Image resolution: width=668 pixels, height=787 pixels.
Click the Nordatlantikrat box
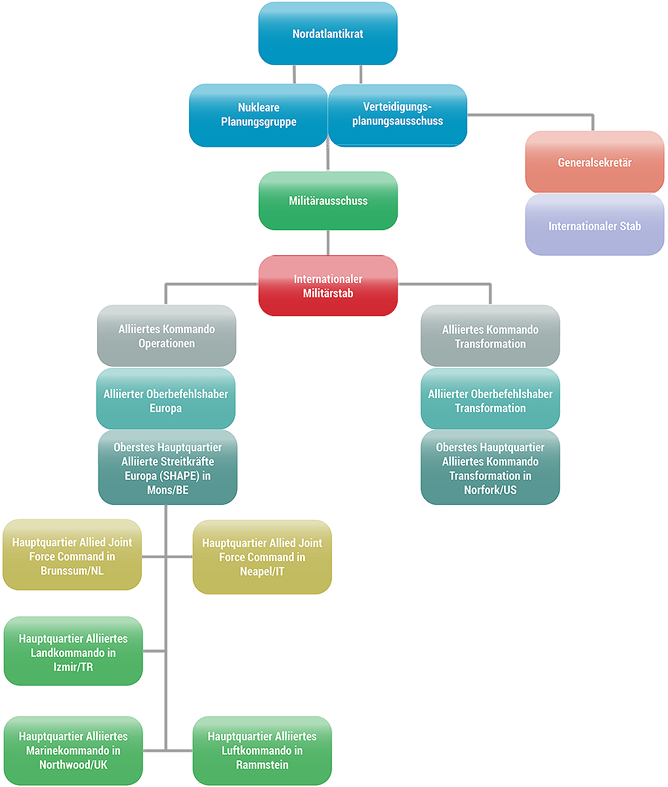click(x=327, y=33)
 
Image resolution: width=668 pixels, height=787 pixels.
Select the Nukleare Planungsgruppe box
click(x=259, y=115)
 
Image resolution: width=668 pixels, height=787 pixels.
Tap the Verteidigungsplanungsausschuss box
click(x=398, y=115)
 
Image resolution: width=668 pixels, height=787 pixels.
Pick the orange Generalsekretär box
click(x=595, y=162)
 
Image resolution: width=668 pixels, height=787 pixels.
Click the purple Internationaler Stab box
click(x=595, y=225)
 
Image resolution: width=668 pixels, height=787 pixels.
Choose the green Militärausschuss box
click(x=328, y=201)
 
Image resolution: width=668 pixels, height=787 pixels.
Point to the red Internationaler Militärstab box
click(x=328, y=286)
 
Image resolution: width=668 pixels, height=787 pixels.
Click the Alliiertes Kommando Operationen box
click(x=167, y=336)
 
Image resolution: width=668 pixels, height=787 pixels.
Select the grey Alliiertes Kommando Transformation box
click(x=490, y=336)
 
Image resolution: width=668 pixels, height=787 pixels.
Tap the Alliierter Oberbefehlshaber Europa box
click(x=166, y=399)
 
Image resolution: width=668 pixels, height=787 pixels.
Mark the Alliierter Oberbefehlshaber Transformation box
click(x=490, y=399)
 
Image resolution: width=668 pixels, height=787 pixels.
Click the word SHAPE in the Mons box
click(x=180, y=476)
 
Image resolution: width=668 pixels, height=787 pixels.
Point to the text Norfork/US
click(x=490, y=490)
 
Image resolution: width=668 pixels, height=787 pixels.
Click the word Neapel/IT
click(x=262, y=571)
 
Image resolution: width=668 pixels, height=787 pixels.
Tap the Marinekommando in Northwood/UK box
click(x=73, y=750)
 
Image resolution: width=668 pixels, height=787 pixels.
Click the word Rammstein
click(x=262, y=765)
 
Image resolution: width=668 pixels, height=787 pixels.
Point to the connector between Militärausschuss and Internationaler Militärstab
click(x=328, y=243)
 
